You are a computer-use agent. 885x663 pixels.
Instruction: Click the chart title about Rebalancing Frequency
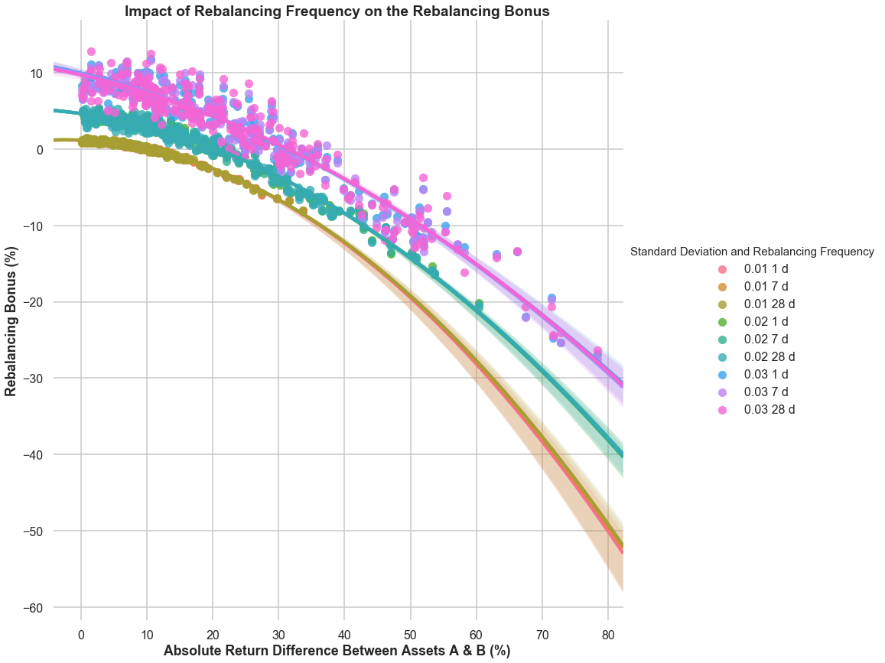tap(337, 11)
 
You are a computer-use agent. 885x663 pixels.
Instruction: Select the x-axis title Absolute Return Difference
tap(337, 651)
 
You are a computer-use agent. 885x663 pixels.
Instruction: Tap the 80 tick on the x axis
tap(608, 634)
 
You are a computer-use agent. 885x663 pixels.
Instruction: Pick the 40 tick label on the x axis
tap(344, 634)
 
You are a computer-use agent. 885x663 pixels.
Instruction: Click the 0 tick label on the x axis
tap(81, 634)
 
